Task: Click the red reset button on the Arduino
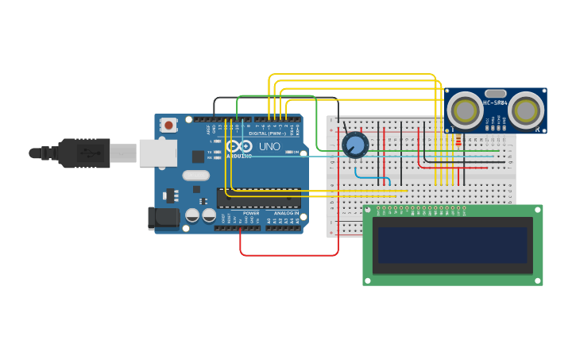click(168, 125)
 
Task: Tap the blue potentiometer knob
click(355, 145)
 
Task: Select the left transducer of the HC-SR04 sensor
click(465, 110)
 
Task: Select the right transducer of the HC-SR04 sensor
click(525, 110)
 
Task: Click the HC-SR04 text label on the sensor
click(495, 103)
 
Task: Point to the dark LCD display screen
click(453, 245)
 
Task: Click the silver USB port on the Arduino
click(158, 153)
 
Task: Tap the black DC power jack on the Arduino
click(163, 217)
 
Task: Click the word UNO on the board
click(269, 147)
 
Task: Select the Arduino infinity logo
click(239, 146)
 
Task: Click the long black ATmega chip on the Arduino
click(259, 198)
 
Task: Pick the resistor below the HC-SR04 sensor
click(458, 141)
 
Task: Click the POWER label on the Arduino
click(251, 213)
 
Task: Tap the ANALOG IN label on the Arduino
click(287, 213)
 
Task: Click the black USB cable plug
click(83, 153)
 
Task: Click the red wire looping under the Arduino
click(289, 255)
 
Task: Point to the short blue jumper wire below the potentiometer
click(372, 177)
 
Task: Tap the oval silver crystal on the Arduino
click(195, 176)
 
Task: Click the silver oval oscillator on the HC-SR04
click(495, 93)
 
